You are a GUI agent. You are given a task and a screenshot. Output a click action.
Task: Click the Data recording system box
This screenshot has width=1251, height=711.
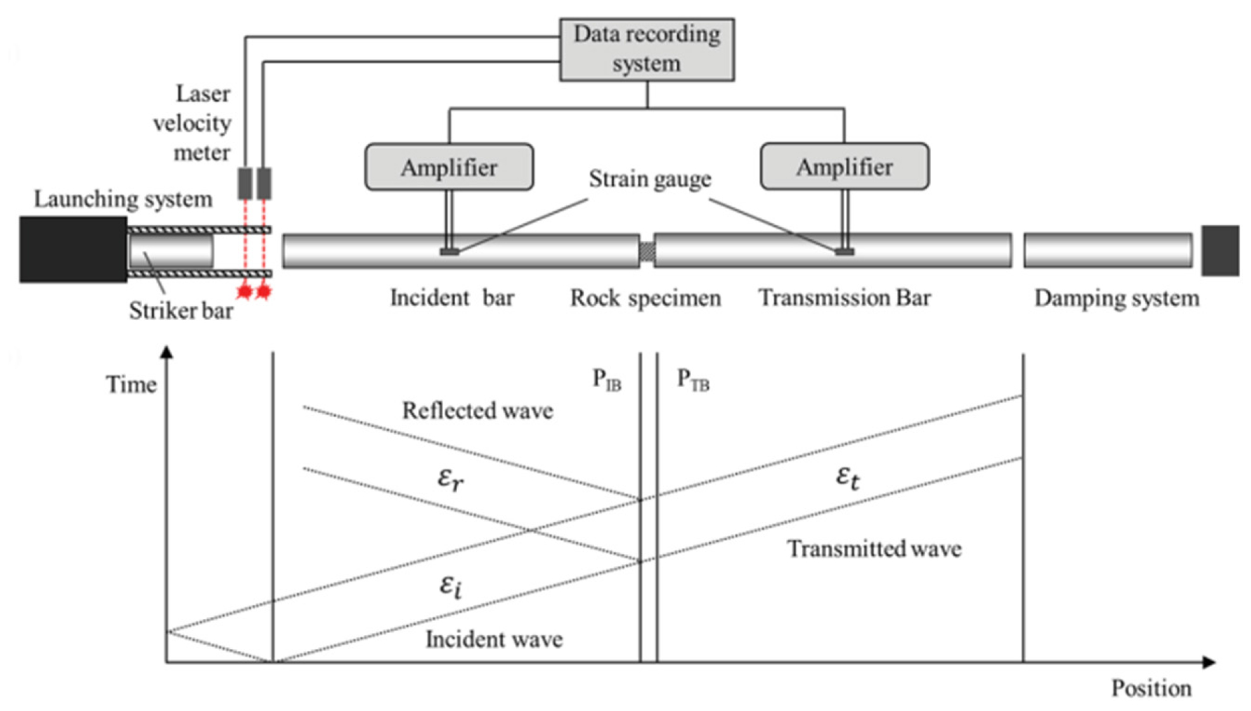647,49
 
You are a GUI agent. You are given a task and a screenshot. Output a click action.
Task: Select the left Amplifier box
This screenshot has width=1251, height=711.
449,167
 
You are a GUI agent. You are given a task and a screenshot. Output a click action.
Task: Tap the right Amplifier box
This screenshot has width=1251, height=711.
845,166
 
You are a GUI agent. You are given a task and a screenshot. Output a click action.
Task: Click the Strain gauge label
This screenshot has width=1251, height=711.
650,179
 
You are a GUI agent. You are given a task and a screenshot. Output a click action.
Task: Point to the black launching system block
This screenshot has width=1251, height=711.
73,249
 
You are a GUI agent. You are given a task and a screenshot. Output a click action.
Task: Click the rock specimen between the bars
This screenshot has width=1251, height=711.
647,252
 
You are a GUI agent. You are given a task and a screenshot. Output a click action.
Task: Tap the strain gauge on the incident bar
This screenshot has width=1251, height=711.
450,252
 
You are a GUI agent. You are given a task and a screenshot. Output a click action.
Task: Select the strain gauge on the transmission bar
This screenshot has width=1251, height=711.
844,252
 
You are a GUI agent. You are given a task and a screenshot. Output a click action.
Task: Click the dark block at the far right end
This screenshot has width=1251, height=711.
1220,250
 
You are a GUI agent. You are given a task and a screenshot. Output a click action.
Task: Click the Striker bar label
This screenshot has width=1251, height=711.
181,311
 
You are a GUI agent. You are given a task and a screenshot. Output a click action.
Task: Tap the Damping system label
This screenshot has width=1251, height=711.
1117,298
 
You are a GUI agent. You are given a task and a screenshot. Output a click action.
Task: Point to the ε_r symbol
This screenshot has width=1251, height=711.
451,479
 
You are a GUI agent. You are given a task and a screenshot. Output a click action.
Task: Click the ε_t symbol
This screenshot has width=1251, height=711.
848,477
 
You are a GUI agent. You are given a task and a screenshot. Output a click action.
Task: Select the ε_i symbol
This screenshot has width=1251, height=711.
451,586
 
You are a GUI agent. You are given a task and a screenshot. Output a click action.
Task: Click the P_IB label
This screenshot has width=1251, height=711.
607,380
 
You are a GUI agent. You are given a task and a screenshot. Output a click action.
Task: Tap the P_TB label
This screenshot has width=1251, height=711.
693,380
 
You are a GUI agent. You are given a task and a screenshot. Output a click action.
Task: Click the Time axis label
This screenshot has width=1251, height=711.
131,384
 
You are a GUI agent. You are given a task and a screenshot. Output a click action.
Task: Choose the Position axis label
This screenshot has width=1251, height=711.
1151,688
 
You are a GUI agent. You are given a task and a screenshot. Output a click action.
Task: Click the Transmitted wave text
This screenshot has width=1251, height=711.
874,548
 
